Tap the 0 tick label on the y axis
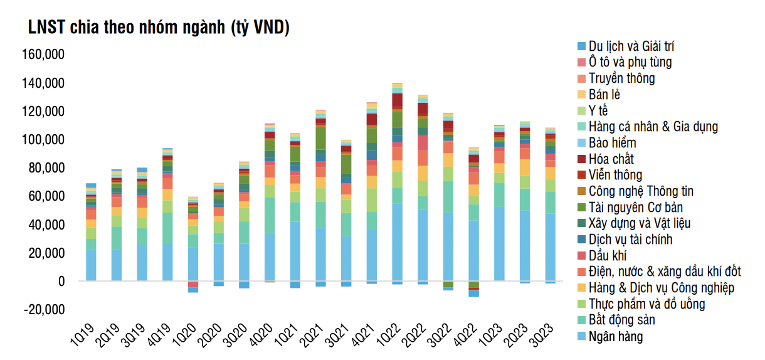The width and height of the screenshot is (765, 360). click(x=61, y=282)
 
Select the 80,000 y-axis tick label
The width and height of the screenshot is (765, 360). click(x=46, y=168)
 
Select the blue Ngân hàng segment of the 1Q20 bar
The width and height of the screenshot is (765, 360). click(x=193, y=264)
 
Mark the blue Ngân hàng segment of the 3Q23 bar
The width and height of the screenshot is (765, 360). click(x=550, y=247)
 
